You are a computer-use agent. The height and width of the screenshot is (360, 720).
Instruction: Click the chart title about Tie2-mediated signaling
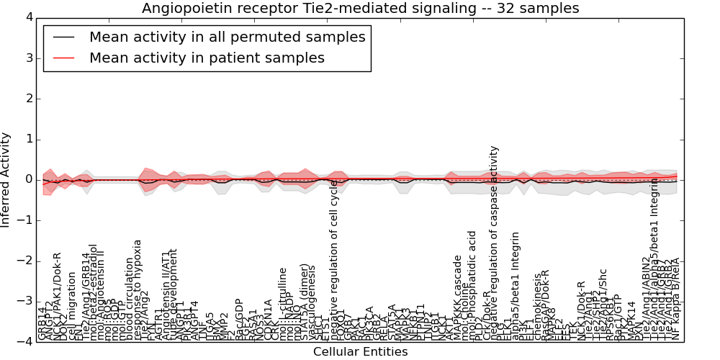360,9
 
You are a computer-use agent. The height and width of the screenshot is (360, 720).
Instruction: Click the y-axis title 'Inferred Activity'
6,180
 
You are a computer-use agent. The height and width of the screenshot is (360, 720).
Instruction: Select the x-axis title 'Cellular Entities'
360,352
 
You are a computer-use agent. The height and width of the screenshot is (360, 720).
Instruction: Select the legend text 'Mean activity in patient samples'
207,58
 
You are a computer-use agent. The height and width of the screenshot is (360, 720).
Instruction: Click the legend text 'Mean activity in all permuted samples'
227,37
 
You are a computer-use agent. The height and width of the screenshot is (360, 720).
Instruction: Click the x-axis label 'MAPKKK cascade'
456,297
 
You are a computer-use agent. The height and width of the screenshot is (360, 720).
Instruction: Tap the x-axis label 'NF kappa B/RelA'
675,309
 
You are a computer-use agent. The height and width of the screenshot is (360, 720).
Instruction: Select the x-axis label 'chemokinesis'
538,307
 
